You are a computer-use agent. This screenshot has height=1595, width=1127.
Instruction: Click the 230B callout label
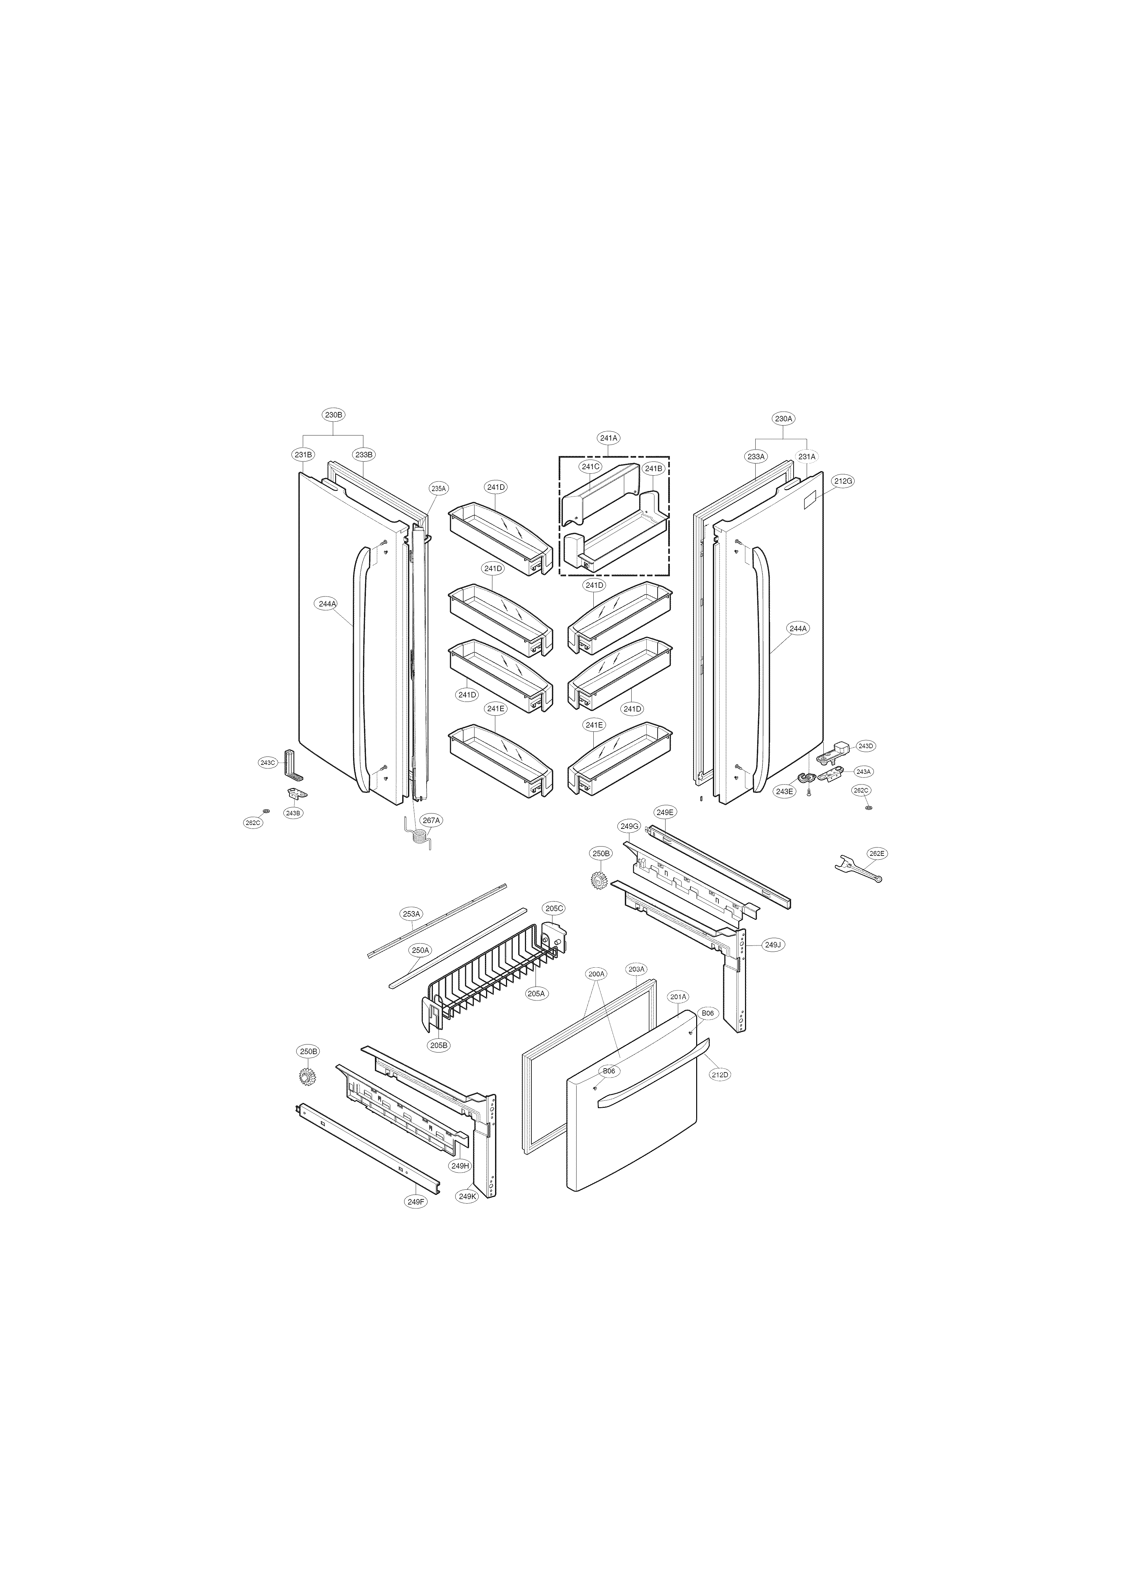[x=333, y=415]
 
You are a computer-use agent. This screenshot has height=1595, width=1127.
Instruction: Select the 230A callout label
[x=783, y=419]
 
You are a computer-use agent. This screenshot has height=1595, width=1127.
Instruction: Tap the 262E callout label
[x=877, y=853]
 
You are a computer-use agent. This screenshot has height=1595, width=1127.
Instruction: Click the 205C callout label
[x=554, y=908]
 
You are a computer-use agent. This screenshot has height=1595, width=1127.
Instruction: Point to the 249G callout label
[x=629, y=826]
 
